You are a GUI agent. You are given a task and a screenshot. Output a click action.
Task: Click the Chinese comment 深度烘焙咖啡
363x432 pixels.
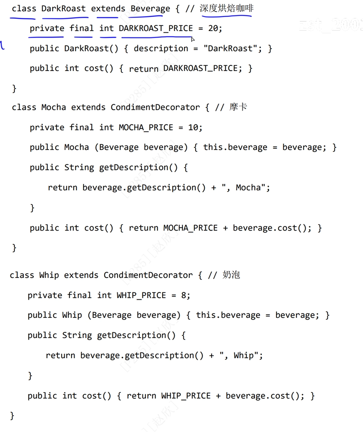point(226,8)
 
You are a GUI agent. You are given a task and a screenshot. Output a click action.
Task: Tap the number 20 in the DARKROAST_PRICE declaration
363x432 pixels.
point(213,28)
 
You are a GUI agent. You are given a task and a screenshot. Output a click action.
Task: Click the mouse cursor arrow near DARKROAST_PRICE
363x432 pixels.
point(193,39)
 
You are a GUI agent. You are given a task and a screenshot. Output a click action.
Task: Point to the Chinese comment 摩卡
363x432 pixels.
point(238,107)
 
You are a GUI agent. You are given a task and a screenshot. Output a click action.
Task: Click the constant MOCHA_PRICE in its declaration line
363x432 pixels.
point(146,127)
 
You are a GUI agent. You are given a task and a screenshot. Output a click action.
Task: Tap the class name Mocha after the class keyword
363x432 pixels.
point(53,107)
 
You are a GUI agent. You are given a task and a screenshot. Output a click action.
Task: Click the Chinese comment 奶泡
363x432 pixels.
point(231,275)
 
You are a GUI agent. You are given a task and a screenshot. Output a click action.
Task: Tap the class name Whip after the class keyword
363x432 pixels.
point(49,275)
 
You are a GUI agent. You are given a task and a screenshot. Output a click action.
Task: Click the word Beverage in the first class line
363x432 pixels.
point(150,9)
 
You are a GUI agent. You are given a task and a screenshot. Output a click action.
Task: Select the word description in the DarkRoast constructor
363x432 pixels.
point(161,48)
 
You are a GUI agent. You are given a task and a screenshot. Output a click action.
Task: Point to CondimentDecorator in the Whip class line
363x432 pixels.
point(148,275)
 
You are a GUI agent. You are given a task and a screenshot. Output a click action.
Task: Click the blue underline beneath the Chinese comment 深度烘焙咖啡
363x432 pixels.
point(226,16)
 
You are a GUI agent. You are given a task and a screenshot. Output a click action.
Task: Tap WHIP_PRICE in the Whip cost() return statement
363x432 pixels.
point(186,396)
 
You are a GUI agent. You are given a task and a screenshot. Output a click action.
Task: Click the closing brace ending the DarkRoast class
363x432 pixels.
point(14,89)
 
